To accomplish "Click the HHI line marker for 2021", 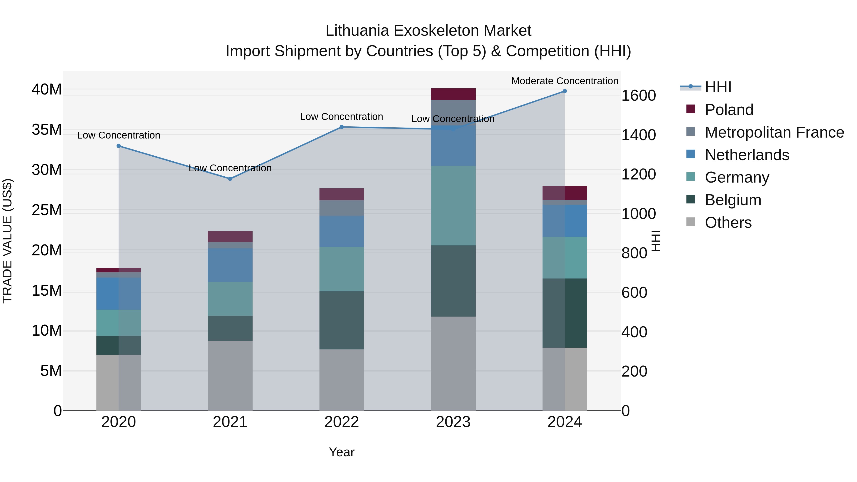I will (x=230, y=179).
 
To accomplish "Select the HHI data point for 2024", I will (x=565, y=91).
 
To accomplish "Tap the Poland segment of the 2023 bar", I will (x=453, y=94).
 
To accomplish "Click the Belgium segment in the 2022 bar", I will (x=341, y=320).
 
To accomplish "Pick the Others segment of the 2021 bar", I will (x=230, y=376).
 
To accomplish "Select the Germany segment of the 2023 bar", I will (x=453, y=206).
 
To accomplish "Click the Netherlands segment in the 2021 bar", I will (x=230, y=265).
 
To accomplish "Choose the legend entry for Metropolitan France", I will (x=774, y=132).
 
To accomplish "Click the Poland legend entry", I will (x=729, y=110).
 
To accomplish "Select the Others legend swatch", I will (x=691, y=222).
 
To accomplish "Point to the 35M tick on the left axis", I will (x=47, y=130).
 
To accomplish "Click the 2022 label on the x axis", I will (x=341, y=422).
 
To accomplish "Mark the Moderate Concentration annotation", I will (x=565, y=81).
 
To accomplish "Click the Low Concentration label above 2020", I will (x=119, y=135).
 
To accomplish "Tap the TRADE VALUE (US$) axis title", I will (x=7, y=241).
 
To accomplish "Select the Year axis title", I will (x=341, y=452).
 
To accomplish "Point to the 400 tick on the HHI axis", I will (x=634, y=332).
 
